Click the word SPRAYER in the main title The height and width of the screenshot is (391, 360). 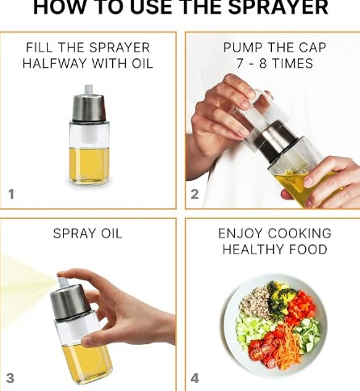[278, 7]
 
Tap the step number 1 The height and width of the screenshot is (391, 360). [11, 194]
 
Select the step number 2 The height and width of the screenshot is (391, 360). [195, 194]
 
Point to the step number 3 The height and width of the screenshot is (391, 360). [10, 378]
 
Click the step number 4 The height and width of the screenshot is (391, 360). [195, 378]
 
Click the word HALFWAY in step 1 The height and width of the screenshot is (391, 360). [54, 64]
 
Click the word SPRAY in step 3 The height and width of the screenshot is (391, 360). [75, 233]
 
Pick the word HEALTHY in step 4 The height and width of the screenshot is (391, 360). [252, 249]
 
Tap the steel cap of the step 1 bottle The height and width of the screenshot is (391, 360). [88, 107]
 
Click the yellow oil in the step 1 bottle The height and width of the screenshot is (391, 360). [90, 165]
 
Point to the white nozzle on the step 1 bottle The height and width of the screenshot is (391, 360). [89, 90]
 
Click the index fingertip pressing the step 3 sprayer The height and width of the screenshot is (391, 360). [61, 274]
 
